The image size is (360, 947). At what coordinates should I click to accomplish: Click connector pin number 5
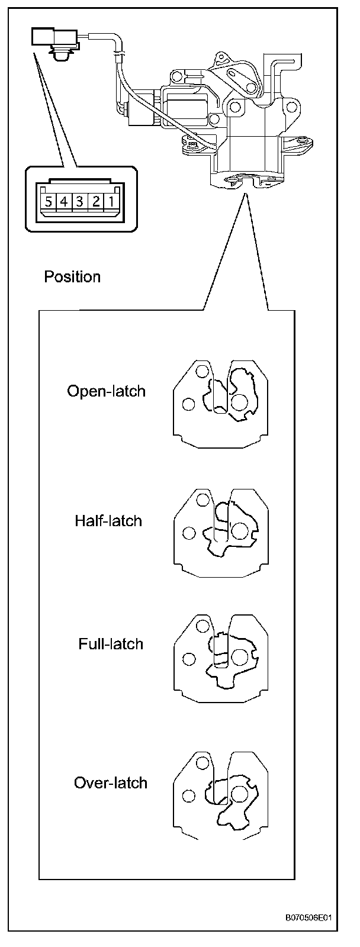pyautogui.click(x=47, y=201)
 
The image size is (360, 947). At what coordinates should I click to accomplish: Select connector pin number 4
pyautogui.click(x=63, y=201)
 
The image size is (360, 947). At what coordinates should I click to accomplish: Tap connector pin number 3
pyautogui.click(x=79, y=201)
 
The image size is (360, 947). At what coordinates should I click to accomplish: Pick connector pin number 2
pyautogui.click(x=95, y=201)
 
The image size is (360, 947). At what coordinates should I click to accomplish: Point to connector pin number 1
pyautogui.click(x=111, y=201)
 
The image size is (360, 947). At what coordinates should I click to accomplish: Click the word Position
pyautogui.click(x=72, y=277)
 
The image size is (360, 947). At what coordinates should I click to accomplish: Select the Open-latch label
pyautogui.click(x=106, y=391)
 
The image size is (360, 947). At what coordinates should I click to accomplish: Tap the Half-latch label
pyautogui.click(x=108, y=521)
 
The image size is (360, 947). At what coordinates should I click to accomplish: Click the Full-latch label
pyautogui.click(x=111, y=644)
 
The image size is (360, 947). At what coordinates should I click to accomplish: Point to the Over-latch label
pyautogui.click(x=110, y=783)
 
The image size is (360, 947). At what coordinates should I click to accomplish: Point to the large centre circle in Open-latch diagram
pyautogui.click(x=239, y=402)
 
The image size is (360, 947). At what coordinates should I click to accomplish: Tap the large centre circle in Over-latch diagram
pyautogui.click(x=240, y=794)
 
